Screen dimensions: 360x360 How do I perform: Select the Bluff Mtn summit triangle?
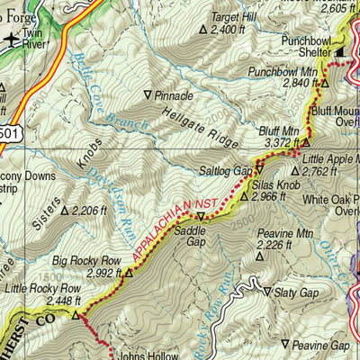[305, 142]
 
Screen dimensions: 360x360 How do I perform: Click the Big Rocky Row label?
[82, 261]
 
